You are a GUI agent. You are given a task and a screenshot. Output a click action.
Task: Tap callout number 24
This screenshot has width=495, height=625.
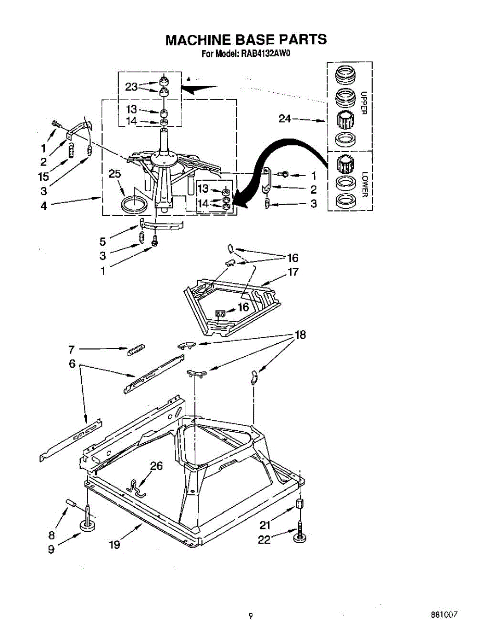(x=285, y=119)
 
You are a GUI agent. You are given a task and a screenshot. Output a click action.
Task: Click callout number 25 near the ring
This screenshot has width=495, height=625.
(x=115, y=174)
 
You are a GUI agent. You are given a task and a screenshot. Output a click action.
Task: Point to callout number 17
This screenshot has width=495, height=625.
(x=293, y=272)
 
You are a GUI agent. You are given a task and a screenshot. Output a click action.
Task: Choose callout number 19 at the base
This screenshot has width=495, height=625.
(x=115, y=545)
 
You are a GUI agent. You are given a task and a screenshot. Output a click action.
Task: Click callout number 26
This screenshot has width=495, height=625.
(x=157, y=466)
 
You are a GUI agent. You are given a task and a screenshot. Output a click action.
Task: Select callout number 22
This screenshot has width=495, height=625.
(x=264, y=540)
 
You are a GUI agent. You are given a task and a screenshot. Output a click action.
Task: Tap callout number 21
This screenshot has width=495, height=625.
(x=265, y=524)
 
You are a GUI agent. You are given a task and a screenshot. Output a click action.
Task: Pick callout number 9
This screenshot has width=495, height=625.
(x=52, y=549)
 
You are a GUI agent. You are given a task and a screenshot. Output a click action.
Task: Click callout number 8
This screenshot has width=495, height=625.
(x=51, y=534)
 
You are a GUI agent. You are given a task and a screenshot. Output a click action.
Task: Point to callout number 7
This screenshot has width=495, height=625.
(x=72, y=349)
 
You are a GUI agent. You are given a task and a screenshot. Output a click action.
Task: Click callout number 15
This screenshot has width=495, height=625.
(x=44, y=177)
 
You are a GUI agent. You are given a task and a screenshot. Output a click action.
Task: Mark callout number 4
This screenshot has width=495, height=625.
(x=44, y=206)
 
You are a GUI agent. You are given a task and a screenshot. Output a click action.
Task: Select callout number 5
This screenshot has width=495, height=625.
(x=103, y=242)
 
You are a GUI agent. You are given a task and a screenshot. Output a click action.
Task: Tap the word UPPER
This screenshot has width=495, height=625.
(x=364, y=103)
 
